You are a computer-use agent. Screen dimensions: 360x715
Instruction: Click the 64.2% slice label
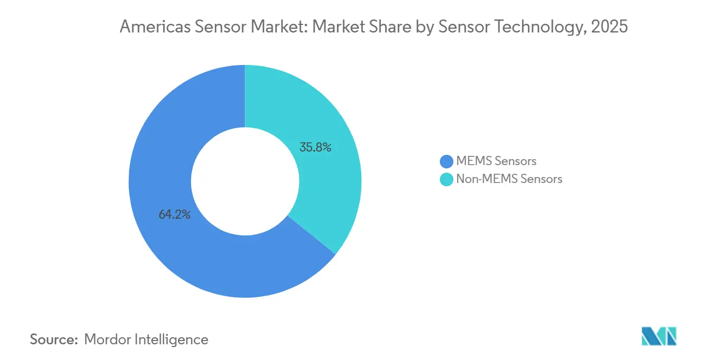pos(174,215)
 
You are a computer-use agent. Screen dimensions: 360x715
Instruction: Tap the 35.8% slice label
pos(315,147)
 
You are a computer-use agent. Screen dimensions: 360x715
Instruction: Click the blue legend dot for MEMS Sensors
pos(446,161)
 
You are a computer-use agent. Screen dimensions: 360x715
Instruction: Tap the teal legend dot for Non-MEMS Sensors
pos(446,179)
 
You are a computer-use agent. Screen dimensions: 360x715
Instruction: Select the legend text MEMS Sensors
pos(496,161)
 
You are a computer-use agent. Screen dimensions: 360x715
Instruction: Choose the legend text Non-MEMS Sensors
pos(509,179)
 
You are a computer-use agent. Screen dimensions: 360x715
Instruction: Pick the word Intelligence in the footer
pos(174,339)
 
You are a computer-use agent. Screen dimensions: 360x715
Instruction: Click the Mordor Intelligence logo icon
pos(659,336)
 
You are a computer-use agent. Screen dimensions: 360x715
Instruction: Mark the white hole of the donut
pos(245,181)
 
